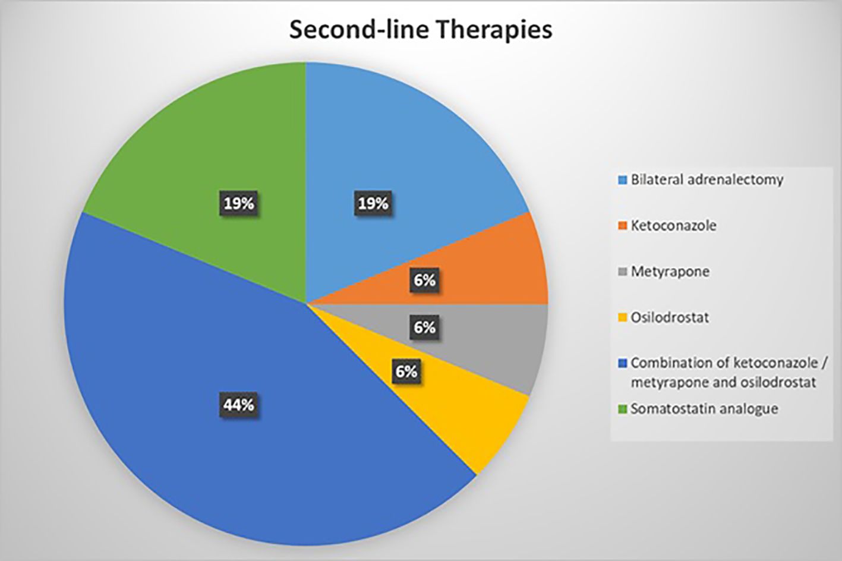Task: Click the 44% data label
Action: click(x=239, y=405)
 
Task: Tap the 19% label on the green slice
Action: click(x=239, y=204)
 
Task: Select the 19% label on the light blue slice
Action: click(x=373, y=204)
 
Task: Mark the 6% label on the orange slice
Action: click(x=424, y=280)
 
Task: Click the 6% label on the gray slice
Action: click(x=424, y=327)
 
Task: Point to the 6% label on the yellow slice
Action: click(x=406, y=372)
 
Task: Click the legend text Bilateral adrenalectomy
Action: click(x=707, y=179)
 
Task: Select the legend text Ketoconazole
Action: click(x=673, y=226)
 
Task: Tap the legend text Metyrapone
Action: click(x=670, y=272)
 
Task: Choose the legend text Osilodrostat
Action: click(x=670, y=317)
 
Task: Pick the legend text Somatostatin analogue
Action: click(x=704, y=409)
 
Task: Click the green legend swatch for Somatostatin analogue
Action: click(x=623, y=409)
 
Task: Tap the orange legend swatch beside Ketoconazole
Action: click(x=623, y=226)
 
